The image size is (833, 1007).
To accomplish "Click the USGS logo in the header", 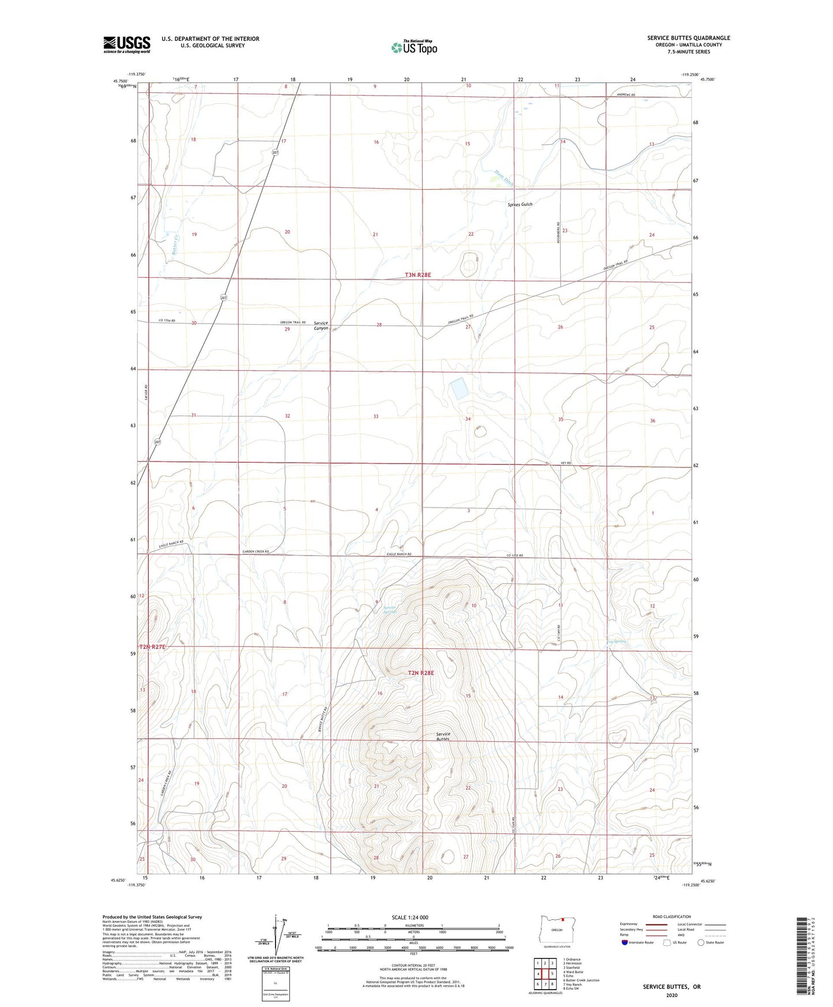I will (127, 44).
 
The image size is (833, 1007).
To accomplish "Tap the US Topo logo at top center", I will (413, 47).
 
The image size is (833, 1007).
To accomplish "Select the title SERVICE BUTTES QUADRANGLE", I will (688, 38).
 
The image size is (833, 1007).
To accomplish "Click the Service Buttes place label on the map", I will (443, 737).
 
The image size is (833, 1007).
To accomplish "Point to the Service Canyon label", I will (321, 326).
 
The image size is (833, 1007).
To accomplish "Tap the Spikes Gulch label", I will (519, 205).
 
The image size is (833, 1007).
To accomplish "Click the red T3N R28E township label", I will (418, 275).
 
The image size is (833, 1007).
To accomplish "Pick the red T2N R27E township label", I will (152, 647).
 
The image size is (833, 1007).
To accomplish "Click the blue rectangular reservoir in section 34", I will (459, 389).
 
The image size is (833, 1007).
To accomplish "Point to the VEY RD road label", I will (565, 463).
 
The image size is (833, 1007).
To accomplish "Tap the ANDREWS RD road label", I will (625, 95).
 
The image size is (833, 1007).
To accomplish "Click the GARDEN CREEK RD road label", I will (255, 552).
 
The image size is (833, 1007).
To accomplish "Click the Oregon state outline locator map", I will (556, 929).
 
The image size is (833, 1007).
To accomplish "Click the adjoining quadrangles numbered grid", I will (545, 974).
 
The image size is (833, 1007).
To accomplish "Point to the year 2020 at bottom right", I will (672, 995).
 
